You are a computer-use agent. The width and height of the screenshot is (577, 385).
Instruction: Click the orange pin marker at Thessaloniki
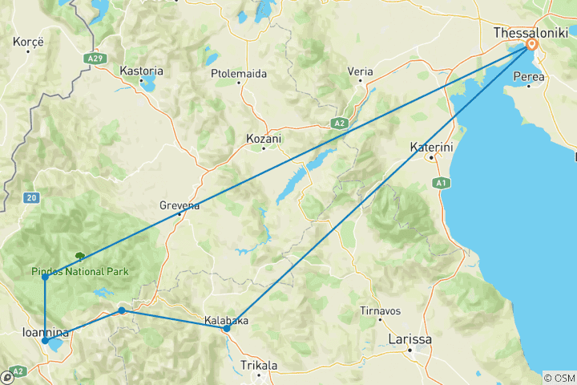pos(531,47)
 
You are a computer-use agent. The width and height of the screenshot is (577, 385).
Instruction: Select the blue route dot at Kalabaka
pos(227,328)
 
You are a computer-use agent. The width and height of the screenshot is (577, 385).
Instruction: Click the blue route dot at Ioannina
pos(45,341)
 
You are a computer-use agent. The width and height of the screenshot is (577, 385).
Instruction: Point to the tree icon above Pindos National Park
pos(80,257)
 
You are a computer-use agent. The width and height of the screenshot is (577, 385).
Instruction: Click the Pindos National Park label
pos(80,271)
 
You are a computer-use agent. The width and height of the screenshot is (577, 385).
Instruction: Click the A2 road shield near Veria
pos(340,124)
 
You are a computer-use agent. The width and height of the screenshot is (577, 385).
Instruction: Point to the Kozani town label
pos(263,139)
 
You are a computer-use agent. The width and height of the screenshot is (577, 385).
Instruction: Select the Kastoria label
pos(141,71)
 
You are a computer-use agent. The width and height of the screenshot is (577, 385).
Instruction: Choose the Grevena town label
pos(180,205)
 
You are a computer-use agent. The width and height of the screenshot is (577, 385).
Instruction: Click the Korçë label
pos(27,40)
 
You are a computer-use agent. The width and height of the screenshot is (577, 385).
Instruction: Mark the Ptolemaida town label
pos(239,73)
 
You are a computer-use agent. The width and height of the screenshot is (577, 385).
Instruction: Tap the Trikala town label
pos(259,366)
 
